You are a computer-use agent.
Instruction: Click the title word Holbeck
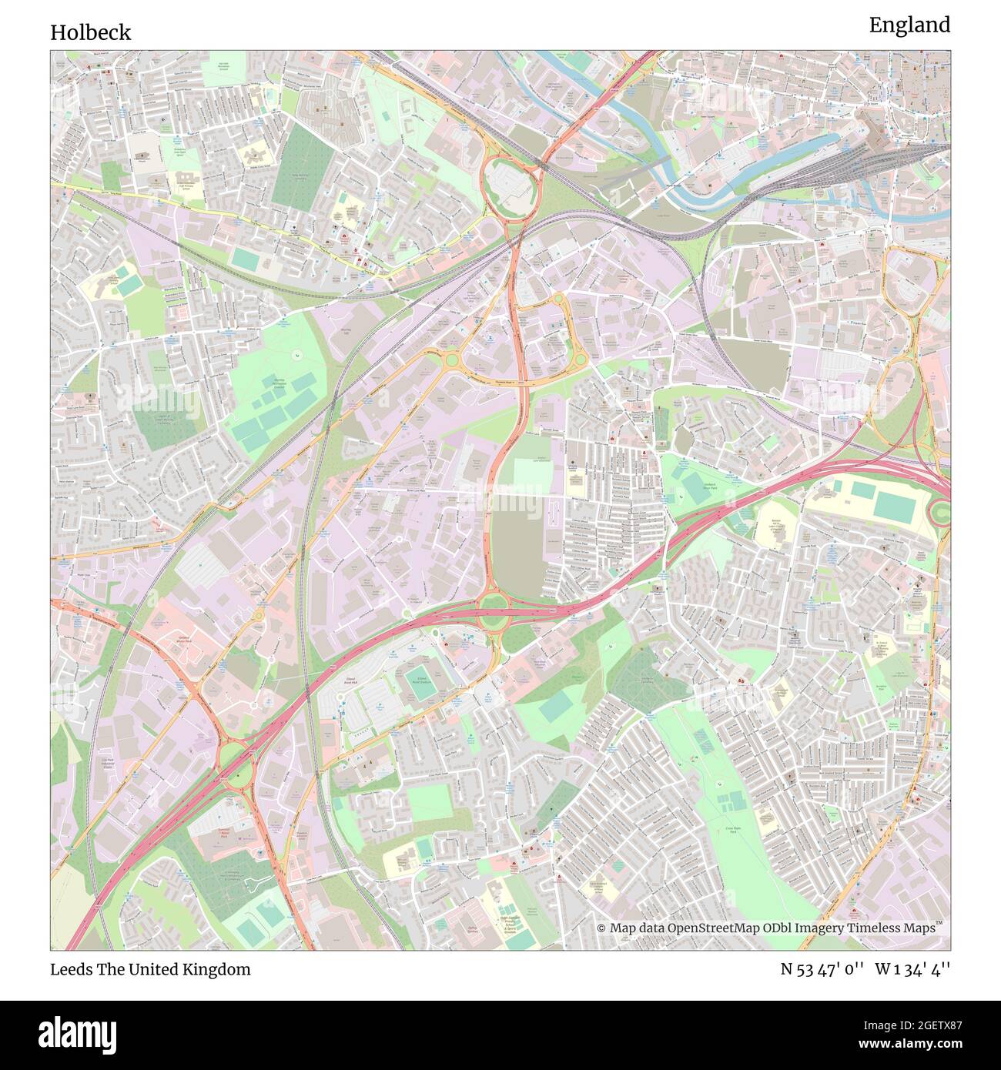coord(91,32)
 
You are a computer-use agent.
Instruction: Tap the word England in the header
coord(909,25)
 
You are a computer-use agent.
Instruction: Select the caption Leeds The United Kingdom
coord(150,969)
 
